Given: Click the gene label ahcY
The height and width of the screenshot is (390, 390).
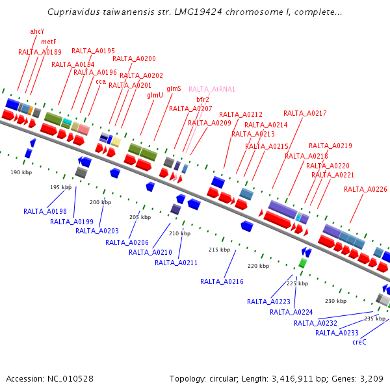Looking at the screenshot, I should [x=37, y=31].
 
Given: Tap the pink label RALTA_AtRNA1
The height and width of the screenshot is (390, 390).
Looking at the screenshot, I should [x=212, y=89].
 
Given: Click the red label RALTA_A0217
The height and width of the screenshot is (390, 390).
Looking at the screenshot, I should [x=305, y=113].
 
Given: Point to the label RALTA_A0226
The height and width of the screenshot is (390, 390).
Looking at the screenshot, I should [x=365, y=189].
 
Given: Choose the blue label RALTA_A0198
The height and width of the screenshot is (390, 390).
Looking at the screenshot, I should [x=45, y=211].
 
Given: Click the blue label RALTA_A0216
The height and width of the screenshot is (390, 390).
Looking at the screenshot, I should [x=222, y=281].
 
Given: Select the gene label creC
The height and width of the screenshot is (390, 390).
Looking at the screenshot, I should [x=359, y=342].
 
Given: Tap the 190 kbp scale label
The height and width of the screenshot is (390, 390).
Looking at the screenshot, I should [x=21, y=172].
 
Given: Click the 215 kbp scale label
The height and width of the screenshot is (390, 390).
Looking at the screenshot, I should [x=219, y=250].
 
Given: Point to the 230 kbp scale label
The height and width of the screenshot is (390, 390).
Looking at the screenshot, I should [x=335, y=301].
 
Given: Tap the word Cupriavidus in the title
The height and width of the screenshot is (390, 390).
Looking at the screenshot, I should [x=73, y=12].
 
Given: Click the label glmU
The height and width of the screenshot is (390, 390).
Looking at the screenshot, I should [x=155, y=95].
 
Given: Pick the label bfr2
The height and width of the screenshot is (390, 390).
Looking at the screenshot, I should [x=203, y=99].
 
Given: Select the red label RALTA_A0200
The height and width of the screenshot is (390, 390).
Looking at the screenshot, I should [x=134, y=58].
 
